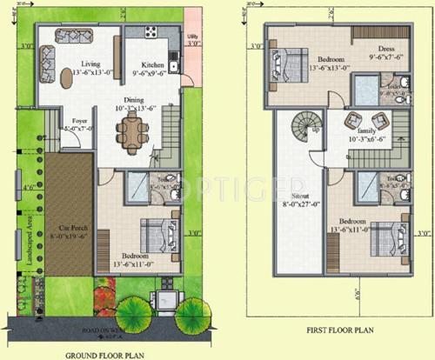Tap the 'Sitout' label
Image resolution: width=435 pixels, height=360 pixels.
pos(295,199)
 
